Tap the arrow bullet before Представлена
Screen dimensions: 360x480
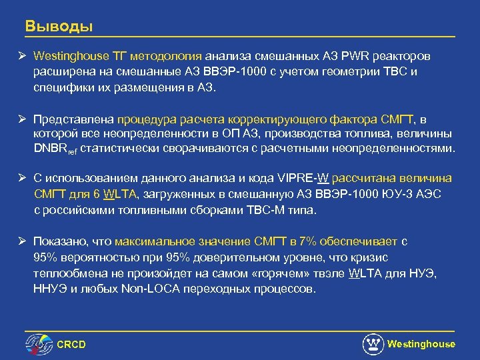click(22, 118)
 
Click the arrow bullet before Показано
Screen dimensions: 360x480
click(22, 242)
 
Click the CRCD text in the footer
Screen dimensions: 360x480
click(71, 344)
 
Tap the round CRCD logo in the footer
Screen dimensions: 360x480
click(39, 344)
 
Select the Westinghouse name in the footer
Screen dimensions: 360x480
click(421, 344)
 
